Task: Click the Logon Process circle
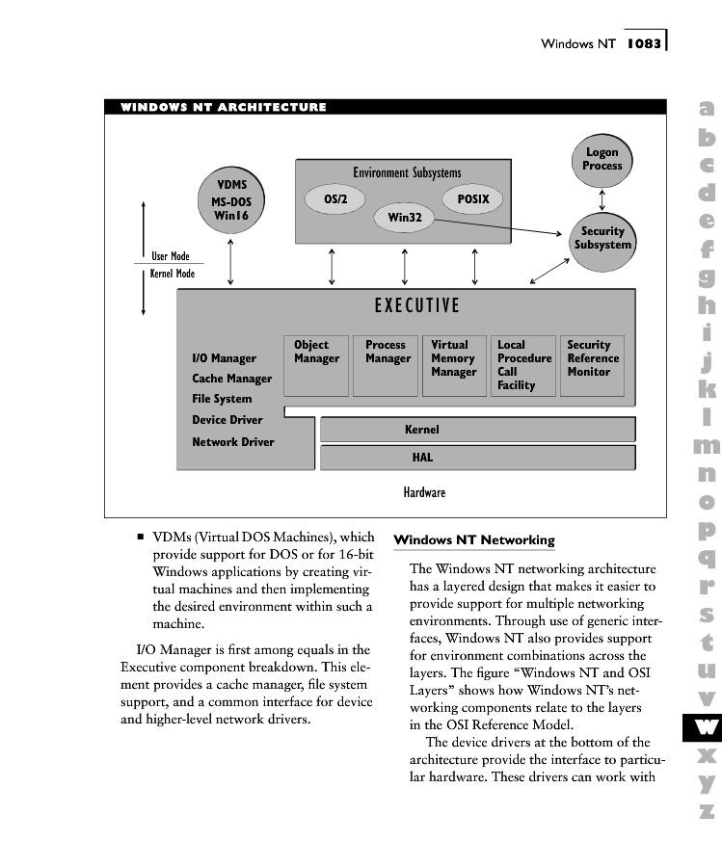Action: (602, 160)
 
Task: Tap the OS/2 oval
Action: (335, 199)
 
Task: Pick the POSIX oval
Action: (472, 199)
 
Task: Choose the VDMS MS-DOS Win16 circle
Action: (231, 201)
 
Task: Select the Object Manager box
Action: (317, 365)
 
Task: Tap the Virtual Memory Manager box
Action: (454, 365)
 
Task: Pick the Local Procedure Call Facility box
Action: (523, 365)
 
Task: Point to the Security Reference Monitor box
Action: (592, 365)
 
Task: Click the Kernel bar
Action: (477, 430)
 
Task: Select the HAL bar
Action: (477, 458)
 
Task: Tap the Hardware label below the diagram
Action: (424, 492)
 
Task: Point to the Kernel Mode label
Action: (173, 275)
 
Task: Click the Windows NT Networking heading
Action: (474, 539)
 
